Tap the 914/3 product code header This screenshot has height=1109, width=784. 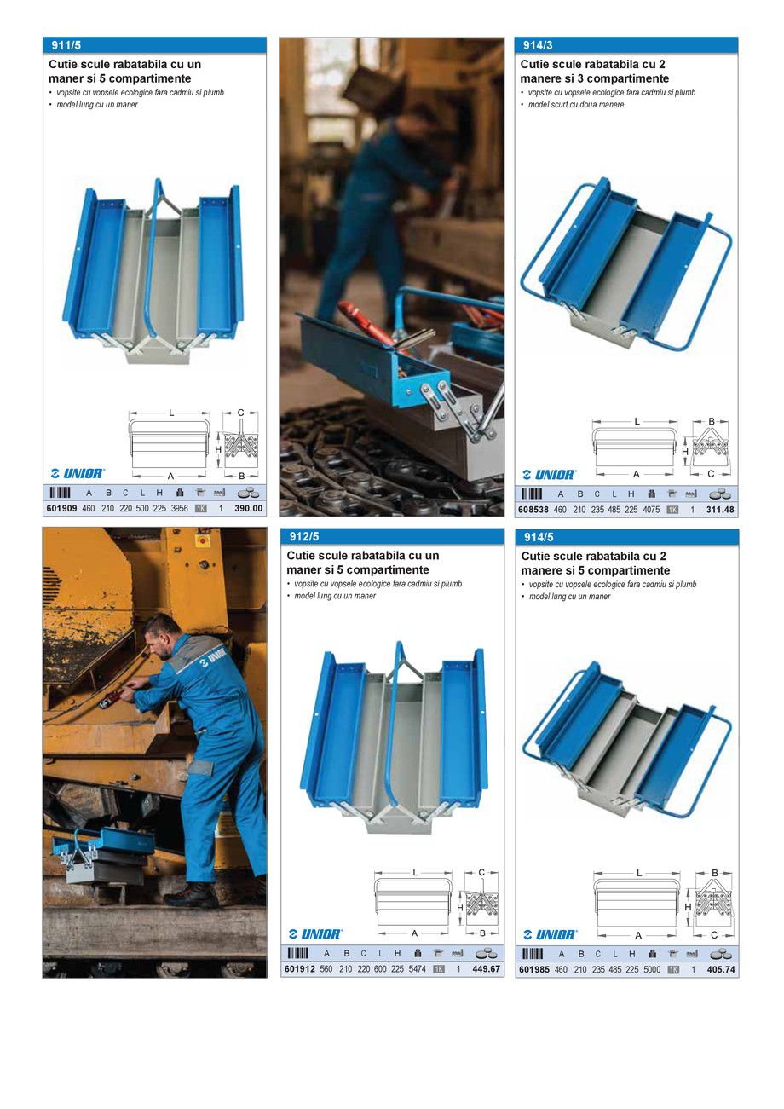pos(538,45)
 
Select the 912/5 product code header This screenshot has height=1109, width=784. pos(303,537)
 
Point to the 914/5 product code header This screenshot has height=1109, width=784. pos(539,537)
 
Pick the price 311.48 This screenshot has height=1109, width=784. pos(721,510)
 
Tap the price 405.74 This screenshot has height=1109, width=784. pos(721,969)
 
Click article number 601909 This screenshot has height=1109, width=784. pos(61,509)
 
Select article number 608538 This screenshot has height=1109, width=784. pos(533,510)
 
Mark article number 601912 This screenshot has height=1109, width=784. pos(299,969)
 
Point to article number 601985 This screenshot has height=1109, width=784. pos(533,969)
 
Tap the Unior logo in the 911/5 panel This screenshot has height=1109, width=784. pos(78,473)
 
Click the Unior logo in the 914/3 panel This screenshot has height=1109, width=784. pos(550,474)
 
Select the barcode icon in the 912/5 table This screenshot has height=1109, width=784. pos(298,953)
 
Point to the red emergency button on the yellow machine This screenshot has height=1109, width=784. pos(203,540)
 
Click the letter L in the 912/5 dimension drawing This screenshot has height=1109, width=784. pos(415,872)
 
